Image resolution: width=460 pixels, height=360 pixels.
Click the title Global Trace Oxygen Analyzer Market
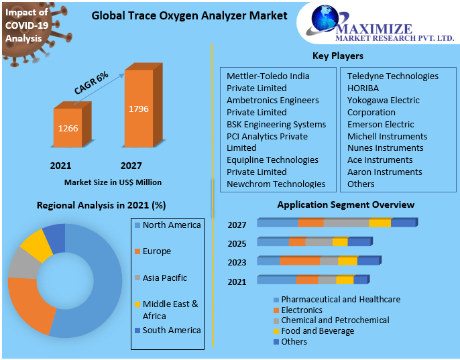(x=189, y=15)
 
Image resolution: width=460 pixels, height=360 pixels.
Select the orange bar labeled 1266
(x=68, y=127)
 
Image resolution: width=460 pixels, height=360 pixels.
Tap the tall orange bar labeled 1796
(x=139, y=109)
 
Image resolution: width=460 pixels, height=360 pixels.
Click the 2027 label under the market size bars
(x=131, y=166)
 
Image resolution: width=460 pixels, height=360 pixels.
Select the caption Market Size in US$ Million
(x=113, y=182)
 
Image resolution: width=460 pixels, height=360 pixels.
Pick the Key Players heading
(x=337, y=56)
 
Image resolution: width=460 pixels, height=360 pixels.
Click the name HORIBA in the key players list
(x=363, y=88)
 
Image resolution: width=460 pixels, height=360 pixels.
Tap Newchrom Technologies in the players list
(x=276, y=184)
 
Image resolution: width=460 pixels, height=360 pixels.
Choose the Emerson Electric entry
(x=380, y=124)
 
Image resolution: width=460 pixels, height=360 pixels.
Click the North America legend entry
(x=172, y=225)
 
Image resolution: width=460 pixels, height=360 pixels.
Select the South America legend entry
(x=171, y=330)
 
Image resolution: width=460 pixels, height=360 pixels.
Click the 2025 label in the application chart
(x=237, y=243)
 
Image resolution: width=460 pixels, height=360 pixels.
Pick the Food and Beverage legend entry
(x=317, y=331)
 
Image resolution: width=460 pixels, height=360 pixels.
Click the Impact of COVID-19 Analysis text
(x=23, y=25)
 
